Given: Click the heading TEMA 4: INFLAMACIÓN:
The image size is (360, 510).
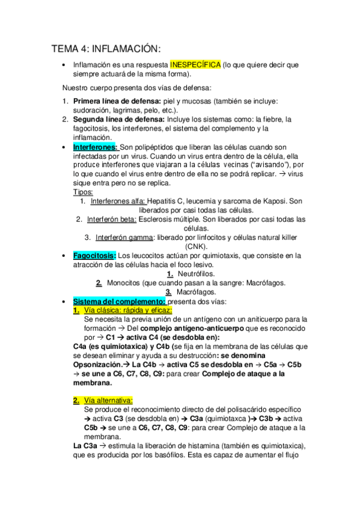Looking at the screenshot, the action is pos(106,49).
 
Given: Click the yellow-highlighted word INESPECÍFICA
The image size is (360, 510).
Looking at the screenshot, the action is pos(195,65).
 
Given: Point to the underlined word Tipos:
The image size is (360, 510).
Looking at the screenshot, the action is pos(83,192).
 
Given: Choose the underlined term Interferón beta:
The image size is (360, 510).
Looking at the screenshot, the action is pos(112,220).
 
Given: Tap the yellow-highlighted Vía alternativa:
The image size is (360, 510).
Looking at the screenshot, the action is pos(109,400).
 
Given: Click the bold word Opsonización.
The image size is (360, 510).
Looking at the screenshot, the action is pos(97,364).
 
